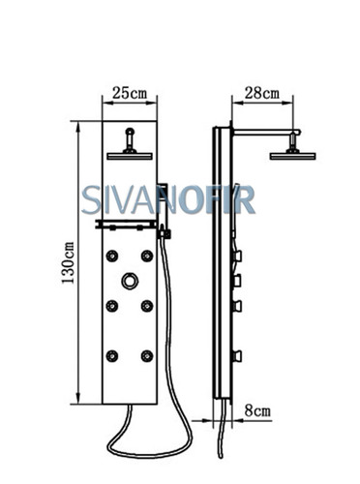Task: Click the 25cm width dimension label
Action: pyautogui.click(x=130, y=93)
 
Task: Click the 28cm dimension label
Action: pyautogui.click(x=261, y=93)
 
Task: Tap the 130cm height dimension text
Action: pyautogui.click(x=68, y=262)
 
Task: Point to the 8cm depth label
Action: pyautogui.click(x=257, y=410)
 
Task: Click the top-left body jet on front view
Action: pyautogui.click(x=112, y=256)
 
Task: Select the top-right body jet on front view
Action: pyautogui.click(x=147, y=256)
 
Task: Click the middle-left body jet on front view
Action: pyautogui.click(x=112, y=306)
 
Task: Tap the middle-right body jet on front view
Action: pyautogui.click(x=147, y=306)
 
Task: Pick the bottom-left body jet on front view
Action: pyautogui.click(x=112, y=355)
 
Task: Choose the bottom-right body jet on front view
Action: pyautogui.click(x=147, y=355)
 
